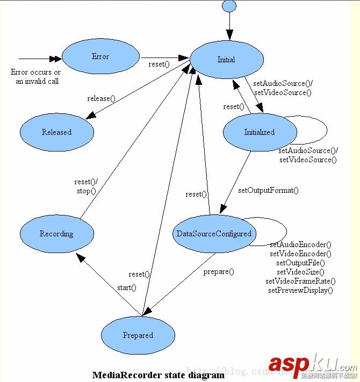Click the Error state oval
(100, 56)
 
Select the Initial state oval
(226, 59)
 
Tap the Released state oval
(56, 132)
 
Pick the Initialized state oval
(260, 132)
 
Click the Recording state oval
(56, 234)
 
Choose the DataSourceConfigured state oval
(214, 233)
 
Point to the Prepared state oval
(138, 335)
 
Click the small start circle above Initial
(229, 6)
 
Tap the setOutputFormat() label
(268, 190)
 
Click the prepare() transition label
(219, 271)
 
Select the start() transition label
(127, 287)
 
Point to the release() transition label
(102, 98)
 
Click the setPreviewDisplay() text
(300, 290)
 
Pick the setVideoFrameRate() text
(300, 281)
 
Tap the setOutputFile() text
(300, 263)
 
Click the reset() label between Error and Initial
(159, 64)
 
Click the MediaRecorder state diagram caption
(159, 375)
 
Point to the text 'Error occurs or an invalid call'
(35, 76)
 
